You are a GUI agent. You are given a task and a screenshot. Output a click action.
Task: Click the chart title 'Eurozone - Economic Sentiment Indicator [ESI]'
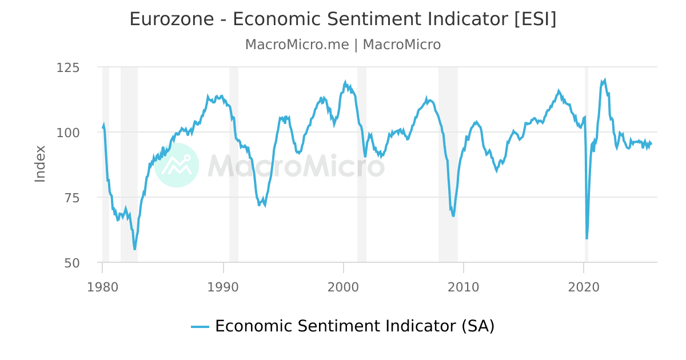tap(342, 19)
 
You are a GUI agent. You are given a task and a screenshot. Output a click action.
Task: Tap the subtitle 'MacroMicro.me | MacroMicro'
tap(342, 45)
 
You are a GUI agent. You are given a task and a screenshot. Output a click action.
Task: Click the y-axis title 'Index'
tap(40, 164)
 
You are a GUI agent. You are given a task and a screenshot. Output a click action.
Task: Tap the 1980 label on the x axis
tap(102, 286)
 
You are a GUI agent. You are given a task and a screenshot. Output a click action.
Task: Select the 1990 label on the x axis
tap(223, 286)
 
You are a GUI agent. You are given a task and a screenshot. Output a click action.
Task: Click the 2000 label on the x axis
tap(343, 286)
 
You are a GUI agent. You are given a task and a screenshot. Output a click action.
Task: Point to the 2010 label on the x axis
tap(464, 286)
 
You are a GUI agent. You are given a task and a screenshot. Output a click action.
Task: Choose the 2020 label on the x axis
tap(584, 286)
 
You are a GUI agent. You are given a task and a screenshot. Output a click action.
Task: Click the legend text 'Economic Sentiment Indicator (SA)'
tap(354, 326)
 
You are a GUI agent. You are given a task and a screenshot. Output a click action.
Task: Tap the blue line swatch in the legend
tap(200, 327)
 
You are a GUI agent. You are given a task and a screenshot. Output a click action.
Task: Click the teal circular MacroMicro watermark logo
tap(177, 165)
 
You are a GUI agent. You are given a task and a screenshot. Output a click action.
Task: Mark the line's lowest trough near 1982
tap(135, 249)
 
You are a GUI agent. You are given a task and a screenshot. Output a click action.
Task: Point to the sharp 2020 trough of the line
tap(587, 238)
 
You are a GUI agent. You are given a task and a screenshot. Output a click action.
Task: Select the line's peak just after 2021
tap(604, 80)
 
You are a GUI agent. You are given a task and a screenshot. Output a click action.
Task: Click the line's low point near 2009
tap(453, 215)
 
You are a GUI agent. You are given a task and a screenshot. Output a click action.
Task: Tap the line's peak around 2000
tap(345, 82)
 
